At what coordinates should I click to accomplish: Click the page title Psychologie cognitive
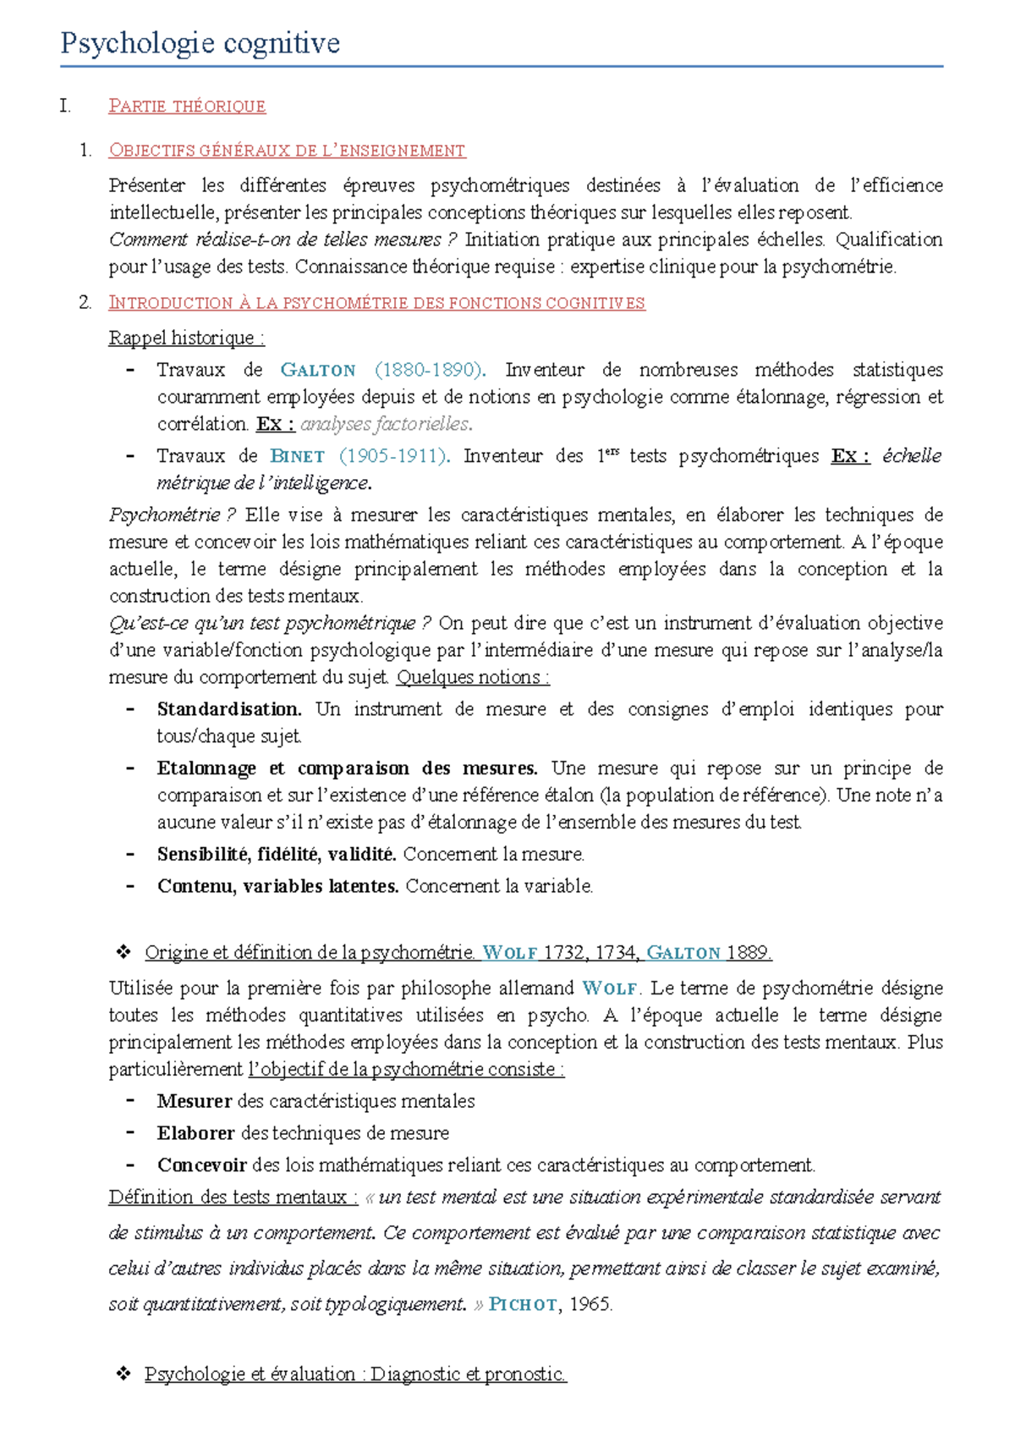[200, 43]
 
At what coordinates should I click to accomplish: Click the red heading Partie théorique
[187, 107]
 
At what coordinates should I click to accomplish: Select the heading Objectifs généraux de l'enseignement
[287, 151]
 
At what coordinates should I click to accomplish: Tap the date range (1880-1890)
[429, 370]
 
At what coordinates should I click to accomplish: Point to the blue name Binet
[298, 456]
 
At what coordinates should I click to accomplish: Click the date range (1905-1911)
[393, 456]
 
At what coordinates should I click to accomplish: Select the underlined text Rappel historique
[186, 339]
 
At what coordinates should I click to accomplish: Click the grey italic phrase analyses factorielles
[386, 424]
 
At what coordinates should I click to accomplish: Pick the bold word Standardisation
[228, 709]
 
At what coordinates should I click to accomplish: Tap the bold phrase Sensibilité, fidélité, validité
[277, 855]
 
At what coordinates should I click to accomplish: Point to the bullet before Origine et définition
[123, 953]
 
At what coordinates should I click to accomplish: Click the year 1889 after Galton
[748, 953]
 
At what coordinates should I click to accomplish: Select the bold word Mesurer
[195, 1102]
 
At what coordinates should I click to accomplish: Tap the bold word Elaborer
[195, 1134]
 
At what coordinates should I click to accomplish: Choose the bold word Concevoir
[201, 1166]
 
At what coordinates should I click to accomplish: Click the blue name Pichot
[524, 1305]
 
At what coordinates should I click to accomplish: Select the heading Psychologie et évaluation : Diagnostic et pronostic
[355, 1374]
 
